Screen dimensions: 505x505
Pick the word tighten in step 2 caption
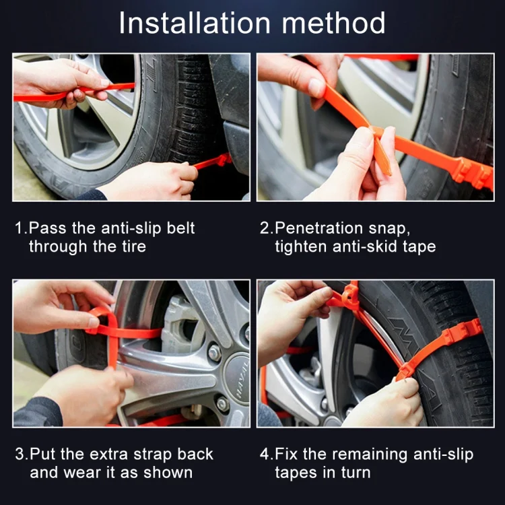coord(300,246)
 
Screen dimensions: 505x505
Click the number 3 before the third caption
coord(19,454)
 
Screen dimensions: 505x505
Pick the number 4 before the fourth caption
coord(265,454)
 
